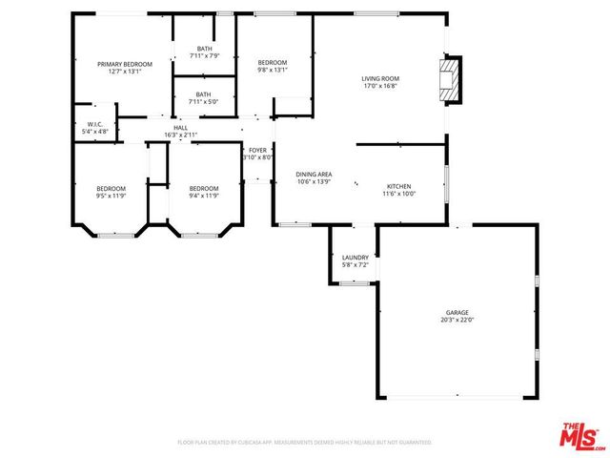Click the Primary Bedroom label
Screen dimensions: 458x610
(125, 64)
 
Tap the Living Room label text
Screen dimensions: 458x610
(379, 78)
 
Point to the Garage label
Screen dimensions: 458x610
(457, 313)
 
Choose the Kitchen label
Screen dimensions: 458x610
(398, 186)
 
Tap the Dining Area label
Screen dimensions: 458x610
(314, 175)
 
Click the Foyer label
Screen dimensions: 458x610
(258, 150)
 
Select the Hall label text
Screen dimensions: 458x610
(180, 127)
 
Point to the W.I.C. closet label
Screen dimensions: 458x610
(95, 124)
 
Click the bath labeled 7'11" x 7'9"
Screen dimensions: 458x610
(204, 52)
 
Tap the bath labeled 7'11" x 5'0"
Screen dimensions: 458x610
(203, 98)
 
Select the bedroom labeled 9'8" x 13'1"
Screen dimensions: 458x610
(272, 66)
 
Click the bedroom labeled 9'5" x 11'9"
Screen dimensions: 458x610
(111, 192)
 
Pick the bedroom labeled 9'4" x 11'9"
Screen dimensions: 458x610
(204, 192)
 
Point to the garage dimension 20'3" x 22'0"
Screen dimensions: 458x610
(457, 321)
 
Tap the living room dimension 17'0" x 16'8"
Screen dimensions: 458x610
(379, 86)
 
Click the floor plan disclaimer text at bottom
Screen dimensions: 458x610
(305, 443)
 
